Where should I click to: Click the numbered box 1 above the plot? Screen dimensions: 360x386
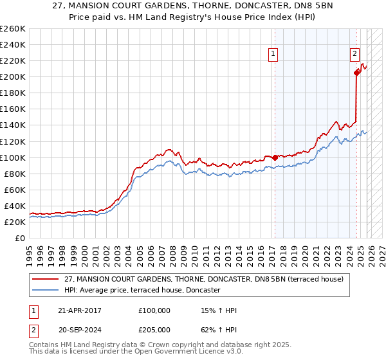coord(274,55)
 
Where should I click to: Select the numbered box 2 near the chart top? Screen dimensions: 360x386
coord(354,55)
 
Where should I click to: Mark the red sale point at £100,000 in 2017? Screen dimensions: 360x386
coord(275,157)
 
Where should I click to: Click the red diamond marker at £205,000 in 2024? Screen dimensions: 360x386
coord(356,73)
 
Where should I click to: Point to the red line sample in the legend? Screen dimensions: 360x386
coord(46,279)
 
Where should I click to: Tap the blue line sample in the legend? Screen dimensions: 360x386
coord(46,291)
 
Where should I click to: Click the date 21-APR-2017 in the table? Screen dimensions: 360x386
coord(79,310)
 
